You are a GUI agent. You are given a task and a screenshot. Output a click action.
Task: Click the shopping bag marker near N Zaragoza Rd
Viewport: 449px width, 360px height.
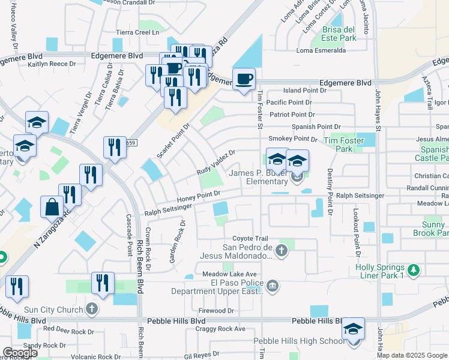click(x=52, y=207)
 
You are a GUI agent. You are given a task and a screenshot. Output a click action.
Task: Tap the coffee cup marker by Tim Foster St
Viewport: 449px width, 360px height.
click(x=244, y=79)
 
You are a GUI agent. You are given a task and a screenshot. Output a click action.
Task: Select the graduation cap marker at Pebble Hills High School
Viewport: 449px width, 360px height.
click(x=354, y=329)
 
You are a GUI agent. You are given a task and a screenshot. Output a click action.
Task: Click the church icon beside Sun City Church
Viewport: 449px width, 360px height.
click(x=91, y=309)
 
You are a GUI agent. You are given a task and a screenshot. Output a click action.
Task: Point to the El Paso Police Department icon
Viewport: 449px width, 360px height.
click(x=273, y=285)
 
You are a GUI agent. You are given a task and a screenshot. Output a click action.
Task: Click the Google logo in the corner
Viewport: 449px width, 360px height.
click(x=20, y=353)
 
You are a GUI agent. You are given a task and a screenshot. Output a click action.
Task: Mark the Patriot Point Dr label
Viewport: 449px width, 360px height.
click(x=291, y=114)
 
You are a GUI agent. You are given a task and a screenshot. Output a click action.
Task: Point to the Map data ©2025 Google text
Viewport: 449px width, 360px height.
click(x=412, y=355)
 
